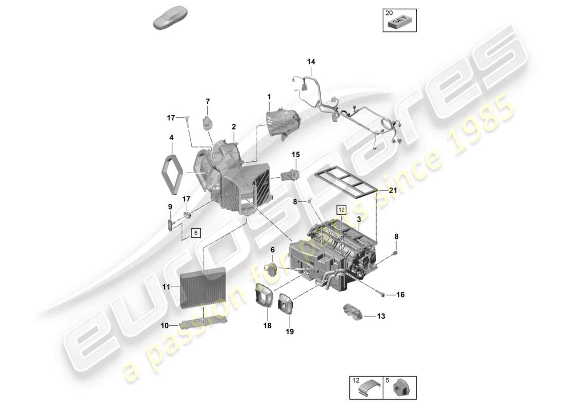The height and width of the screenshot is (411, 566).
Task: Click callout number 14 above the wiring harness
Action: pyautogui.click(x=311, y=62)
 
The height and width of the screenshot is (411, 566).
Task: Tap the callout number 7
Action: pyautogui.click(x=208, y=101)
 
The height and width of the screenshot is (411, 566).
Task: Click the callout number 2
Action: pyautogui.click(x=234, y=126)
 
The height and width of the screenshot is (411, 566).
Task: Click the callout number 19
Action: pyautogui.click(x=290, y=332)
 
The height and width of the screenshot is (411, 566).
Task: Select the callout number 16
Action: pyautogui.click(x=400, y=294)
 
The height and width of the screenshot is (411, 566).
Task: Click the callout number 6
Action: pyautogui.click(x=272, y=249)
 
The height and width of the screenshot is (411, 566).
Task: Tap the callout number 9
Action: pyautogui.click(x=169, y=207)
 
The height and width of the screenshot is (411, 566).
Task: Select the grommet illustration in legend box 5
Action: pyautogui.click(x=400, y=389)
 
